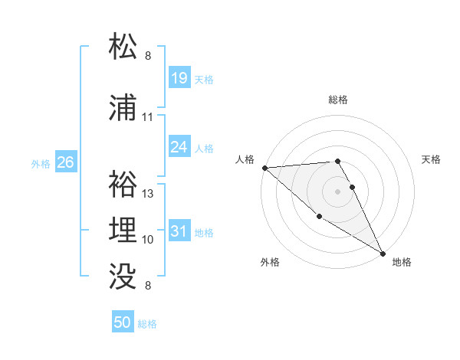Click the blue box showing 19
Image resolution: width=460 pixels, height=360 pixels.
pos(179,78)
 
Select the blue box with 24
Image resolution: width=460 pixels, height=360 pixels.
pos(179,147)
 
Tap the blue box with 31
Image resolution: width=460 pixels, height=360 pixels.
pos(179,231)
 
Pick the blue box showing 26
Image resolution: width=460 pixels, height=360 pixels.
pos(66,162)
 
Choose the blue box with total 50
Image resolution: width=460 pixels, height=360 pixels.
pos(123,322)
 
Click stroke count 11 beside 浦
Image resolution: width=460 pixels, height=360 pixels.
pos(147,117)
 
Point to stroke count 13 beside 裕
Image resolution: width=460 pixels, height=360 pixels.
pos(148,194)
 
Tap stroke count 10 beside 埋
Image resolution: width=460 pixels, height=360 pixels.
pos(148,240)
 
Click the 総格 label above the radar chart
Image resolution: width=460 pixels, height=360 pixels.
pos(338,100)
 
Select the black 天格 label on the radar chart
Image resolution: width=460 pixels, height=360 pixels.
pos(432,159)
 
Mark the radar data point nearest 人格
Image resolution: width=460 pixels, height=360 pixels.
pos(264,168)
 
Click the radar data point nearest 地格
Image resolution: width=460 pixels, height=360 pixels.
pos(383,254)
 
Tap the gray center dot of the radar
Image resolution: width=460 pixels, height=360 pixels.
pos(337,191)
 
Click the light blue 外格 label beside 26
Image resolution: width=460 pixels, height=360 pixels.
pos(41,163)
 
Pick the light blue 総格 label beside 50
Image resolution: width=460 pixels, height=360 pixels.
pos(147,324)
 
